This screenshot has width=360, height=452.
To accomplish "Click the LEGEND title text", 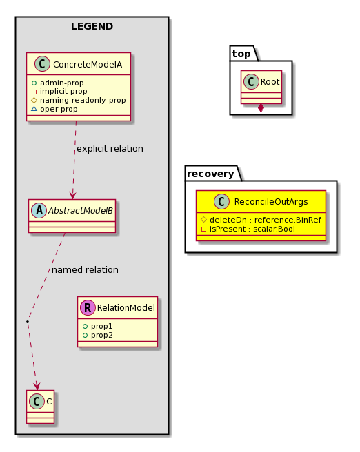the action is tap(92, 26).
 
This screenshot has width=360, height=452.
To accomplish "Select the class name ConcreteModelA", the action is tap(88, 65).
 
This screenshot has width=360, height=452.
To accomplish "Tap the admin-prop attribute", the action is tap(62, 83).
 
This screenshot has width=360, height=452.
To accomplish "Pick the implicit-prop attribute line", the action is tap(63, 92).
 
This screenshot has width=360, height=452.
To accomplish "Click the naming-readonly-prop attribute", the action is tap(83, 101).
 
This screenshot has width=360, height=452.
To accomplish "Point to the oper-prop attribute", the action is tap(59, 110).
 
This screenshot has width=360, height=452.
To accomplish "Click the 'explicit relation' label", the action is tap(110, 149).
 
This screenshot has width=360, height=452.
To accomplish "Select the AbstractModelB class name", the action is tap(81, 211).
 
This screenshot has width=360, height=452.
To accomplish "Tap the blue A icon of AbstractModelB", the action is tap(39, 210).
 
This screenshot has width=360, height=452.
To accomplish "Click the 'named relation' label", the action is tap(85, 270).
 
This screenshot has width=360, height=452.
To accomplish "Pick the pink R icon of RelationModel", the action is tap(88, 307).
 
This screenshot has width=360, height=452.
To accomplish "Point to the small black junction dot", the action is tap(28, 321).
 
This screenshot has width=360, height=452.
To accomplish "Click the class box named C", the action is tap(41, 407).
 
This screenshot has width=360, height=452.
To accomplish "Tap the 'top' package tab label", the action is tap(241, 54).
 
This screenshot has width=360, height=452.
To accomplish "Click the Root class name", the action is tap(270, 82).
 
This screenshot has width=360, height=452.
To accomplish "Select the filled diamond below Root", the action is tap(261, 108).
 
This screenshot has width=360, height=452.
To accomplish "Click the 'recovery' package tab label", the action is tap(210, 174).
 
